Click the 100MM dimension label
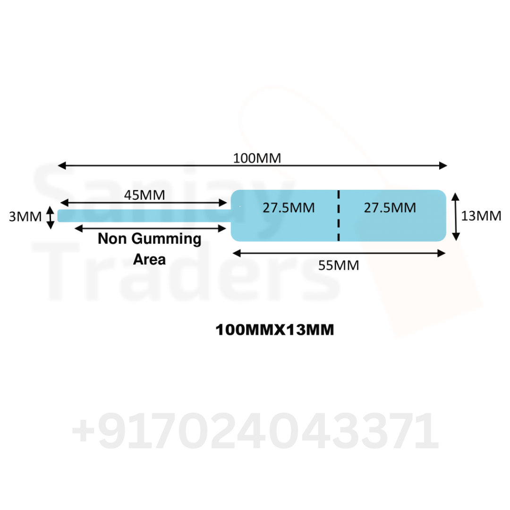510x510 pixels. [257, 158]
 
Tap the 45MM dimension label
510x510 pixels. [144, 195]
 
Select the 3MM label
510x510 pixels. [25, 217]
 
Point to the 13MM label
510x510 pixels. [481, 216]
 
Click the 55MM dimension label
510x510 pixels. [339, 265]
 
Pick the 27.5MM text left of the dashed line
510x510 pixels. [289, 208]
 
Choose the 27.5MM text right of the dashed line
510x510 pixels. [390, 208]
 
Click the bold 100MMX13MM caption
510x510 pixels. [274, 330]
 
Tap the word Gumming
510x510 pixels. [166, 239]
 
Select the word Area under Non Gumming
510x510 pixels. [149, 260]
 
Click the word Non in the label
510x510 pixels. [112, 238]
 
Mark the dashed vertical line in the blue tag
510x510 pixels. [339, 216]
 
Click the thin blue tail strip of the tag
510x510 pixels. [144, 216]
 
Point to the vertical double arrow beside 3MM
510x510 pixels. [50, 217]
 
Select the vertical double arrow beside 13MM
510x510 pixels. [456, 217]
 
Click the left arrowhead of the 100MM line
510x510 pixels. [62, 166]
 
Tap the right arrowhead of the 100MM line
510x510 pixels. [443, 166]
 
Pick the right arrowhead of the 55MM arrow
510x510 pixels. [442, 254]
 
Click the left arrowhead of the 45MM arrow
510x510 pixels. [64, 203]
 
